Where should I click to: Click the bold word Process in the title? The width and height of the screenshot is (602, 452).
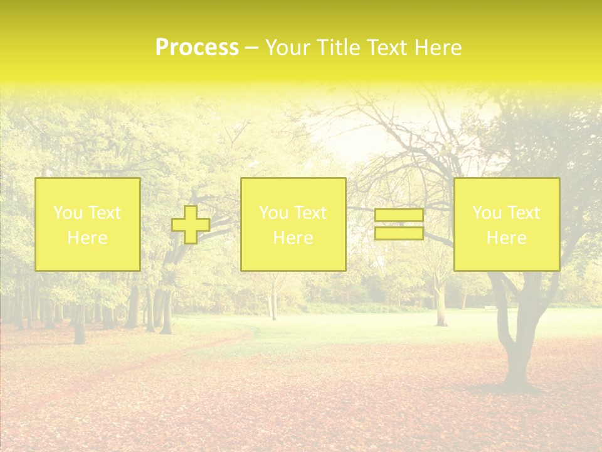(197, 48)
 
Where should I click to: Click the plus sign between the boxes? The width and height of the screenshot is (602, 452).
(191, 225)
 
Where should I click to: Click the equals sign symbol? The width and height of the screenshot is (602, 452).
(399, 224)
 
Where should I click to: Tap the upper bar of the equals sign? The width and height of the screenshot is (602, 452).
(399, 215)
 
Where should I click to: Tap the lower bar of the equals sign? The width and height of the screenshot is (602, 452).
(399, 233)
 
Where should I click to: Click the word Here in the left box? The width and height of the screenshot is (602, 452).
(87, 238)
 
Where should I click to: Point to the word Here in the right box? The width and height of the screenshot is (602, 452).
(506, 238)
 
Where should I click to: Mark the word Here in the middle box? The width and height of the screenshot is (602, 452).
(293, 238)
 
